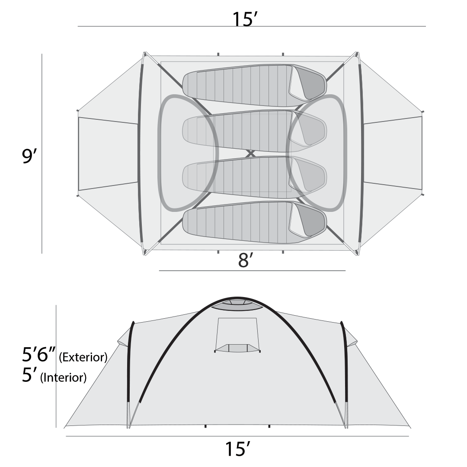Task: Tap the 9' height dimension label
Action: click(x=29, y=156)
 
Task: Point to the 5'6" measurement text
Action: click(x=39, y=355)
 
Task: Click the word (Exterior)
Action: click(x=83, y=357)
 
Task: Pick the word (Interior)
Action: click(x=63, y=377)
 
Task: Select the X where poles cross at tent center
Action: click(x=251, y=154)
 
